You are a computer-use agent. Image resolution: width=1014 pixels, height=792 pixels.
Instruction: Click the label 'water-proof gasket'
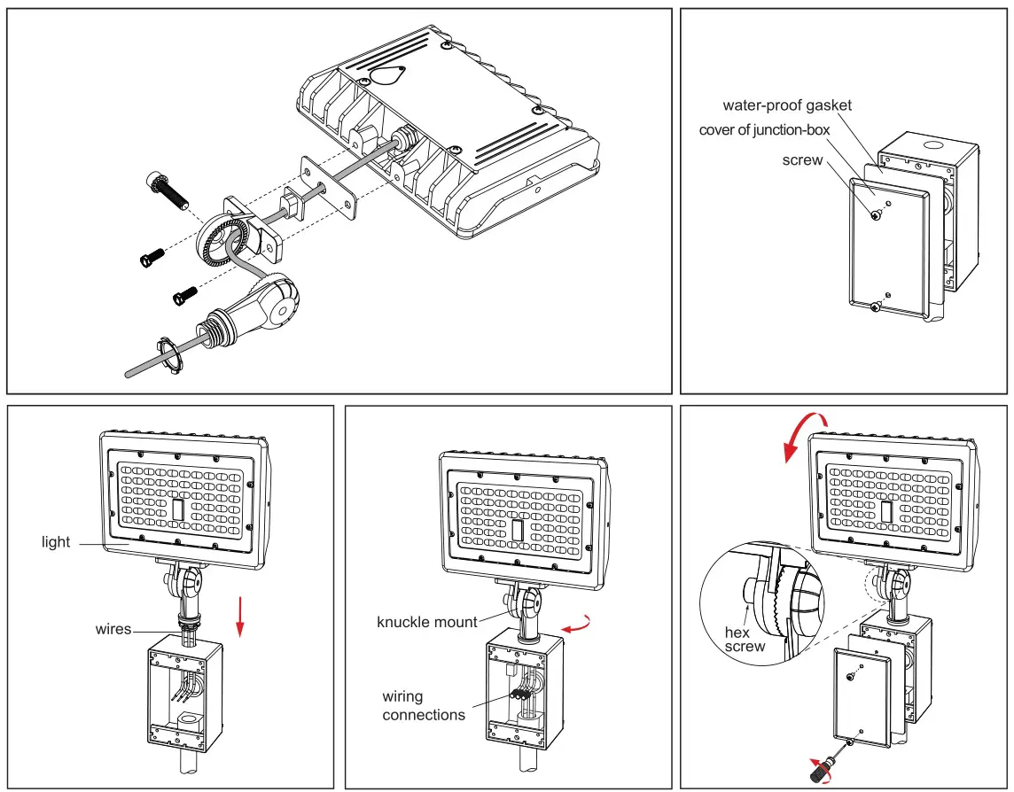[787, 105]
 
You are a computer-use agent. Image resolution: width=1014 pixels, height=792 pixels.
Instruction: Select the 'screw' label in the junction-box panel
[802, 160]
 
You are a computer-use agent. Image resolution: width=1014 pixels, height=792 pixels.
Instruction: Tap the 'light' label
[56, 541]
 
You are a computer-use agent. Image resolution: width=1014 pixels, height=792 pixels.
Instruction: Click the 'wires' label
[113, 629]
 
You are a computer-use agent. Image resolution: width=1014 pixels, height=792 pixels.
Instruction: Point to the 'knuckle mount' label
[427, 622]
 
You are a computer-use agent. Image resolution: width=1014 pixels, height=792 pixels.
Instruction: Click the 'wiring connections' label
[423, 705]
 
